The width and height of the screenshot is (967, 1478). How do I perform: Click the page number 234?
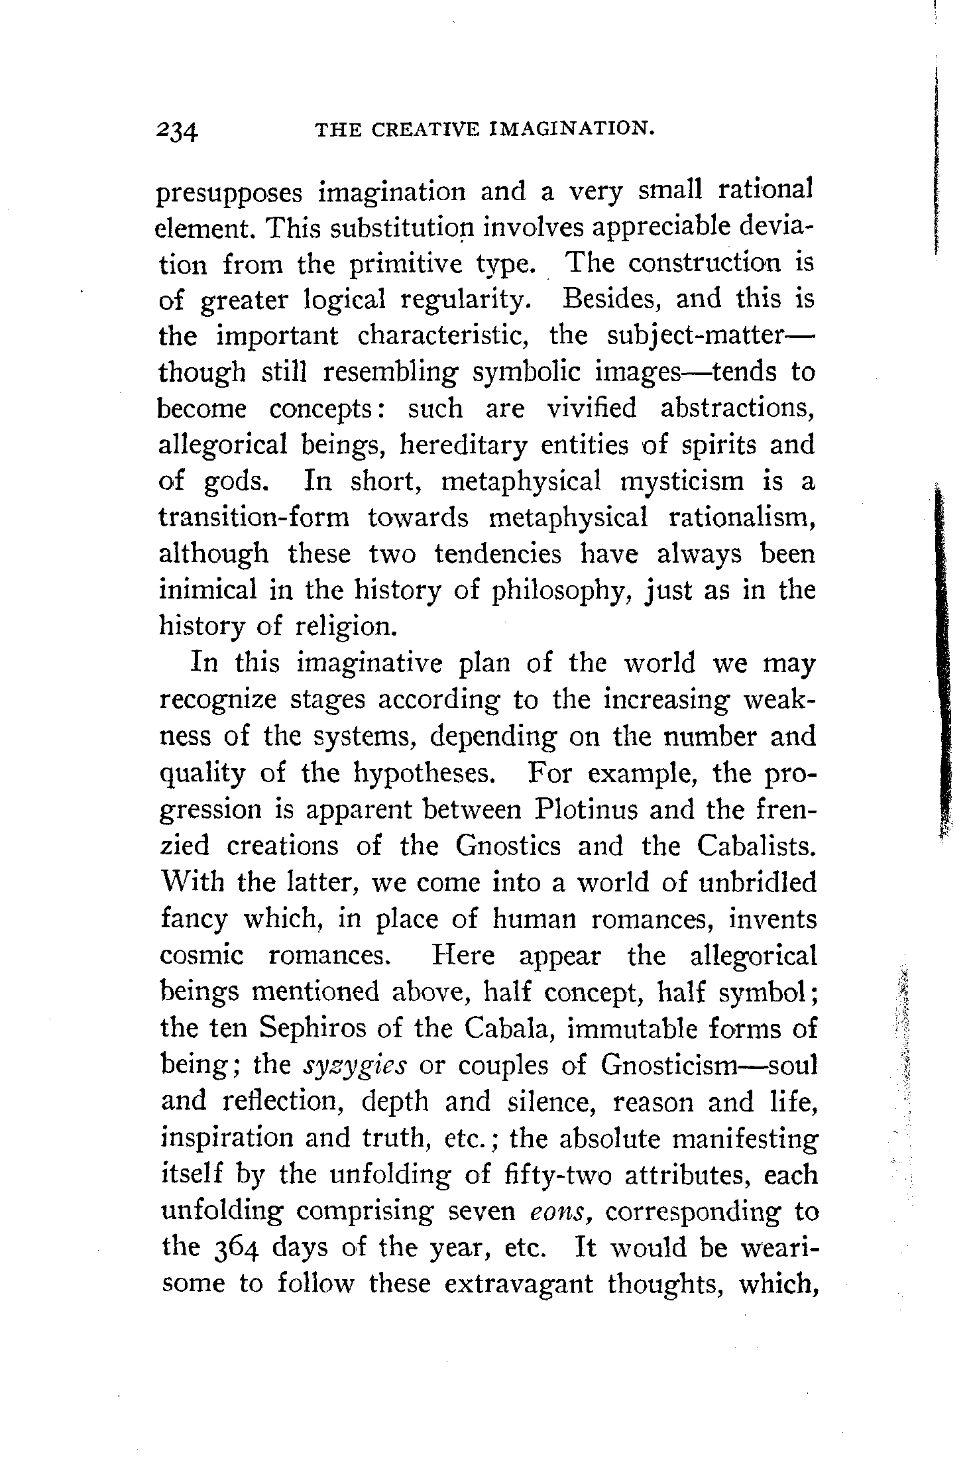click(178, 130)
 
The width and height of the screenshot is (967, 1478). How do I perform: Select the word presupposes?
click(230, 194)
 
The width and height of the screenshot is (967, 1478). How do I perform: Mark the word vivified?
click(591, 408)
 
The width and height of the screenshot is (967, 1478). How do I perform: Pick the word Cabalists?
click(756, 846)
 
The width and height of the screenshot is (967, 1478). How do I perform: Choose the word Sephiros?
click(318, 1029)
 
